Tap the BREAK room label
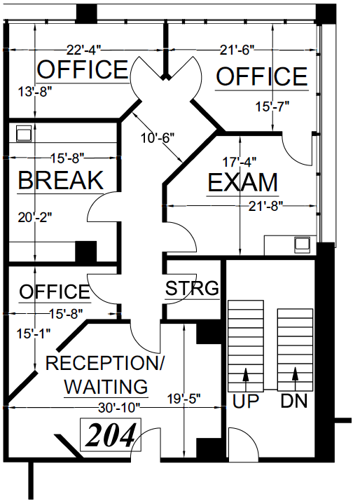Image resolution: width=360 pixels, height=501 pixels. (x=60, y=180)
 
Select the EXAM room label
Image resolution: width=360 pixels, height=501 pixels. (x=243, y=183)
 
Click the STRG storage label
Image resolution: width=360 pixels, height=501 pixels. (x=192, y=287)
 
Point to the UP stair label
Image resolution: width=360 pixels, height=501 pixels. (x=246, y=402)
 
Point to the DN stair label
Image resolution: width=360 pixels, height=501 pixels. (x=295, y=402)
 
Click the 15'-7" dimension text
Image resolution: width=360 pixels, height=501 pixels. (x=272, y=107)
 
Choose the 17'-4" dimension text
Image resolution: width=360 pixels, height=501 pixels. (x=242, y=160)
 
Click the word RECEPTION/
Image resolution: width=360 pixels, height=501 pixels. (x=104, y=364)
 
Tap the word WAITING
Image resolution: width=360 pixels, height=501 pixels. (x=105, y=386)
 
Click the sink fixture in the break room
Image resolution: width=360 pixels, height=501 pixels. (x=22, y=133)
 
